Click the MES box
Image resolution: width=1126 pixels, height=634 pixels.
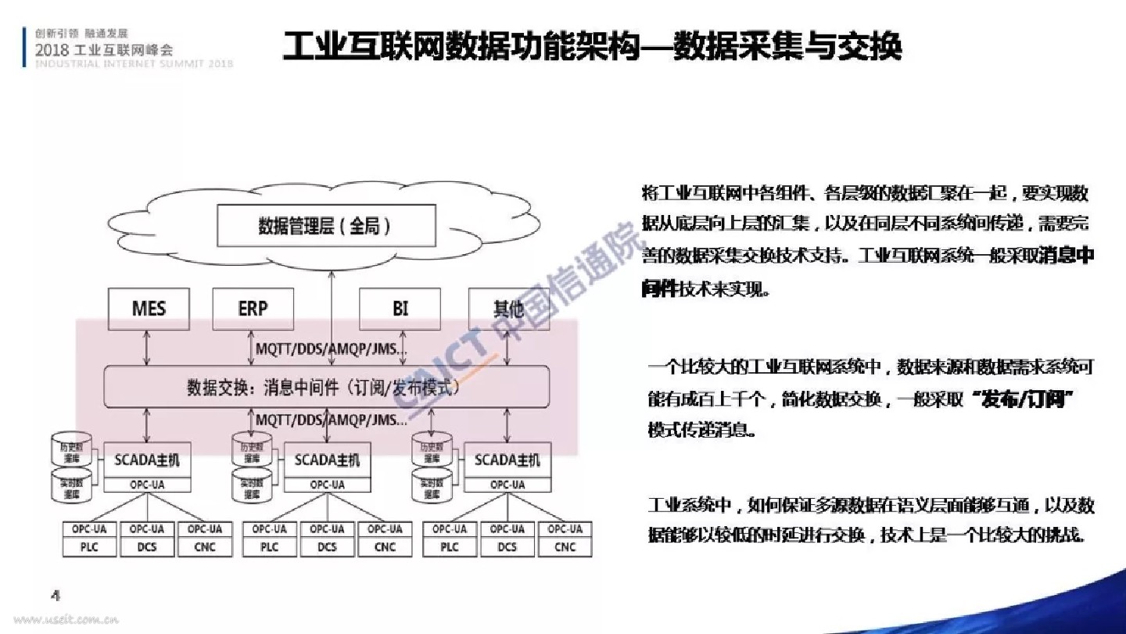pos(149,308)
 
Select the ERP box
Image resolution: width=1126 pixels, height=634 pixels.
pos(253,308)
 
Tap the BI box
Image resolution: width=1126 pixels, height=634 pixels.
pos(400,308)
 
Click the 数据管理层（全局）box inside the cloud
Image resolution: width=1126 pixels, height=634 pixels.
pos(325,227)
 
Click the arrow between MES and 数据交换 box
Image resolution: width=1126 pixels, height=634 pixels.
pos(146,347)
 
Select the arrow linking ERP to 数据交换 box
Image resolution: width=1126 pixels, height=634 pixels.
pos(250,347)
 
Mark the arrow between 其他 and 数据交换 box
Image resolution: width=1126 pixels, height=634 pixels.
pos(507,347)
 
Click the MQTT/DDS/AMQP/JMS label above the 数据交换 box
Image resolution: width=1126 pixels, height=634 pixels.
pos(332,349)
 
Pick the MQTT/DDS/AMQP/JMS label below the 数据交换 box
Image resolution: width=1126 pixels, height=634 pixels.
pos(332,420)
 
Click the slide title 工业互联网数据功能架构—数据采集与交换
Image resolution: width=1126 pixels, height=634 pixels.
pos(592,47)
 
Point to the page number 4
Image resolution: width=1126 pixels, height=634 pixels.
pos(56,595)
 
